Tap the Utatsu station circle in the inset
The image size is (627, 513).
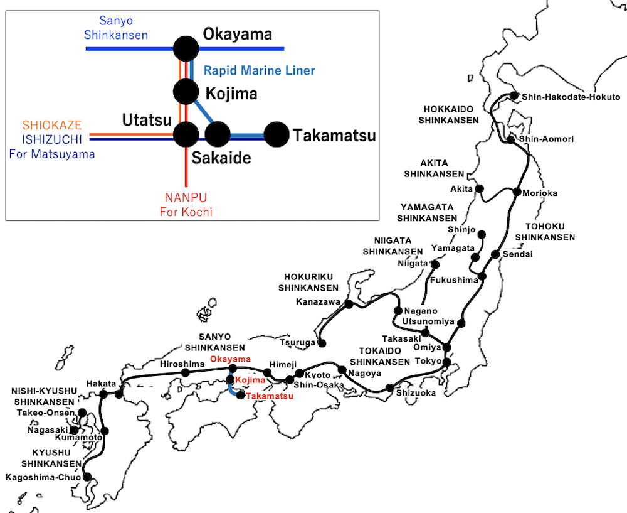point(186,134)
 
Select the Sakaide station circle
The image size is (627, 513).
point(218,134)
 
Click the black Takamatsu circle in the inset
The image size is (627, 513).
point(276,134)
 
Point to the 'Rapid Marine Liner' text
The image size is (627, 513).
point(260,70)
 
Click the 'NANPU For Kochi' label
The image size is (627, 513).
point(186,205)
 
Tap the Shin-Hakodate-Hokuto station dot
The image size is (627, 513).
point(514,96)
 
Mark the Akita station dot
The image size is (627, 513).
point(480,188)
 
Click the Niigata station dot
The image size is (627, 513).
point(435,264)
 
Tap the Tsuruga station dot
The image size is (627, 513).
point(322,343)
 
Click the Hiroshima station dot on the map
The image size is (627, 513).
point(186,373)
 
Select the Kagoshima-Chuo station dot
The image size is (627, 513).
point(87,477)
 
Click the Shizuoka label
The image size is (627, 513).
point(416,393)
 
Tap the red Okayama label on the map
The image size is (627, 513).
point(230,359)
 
